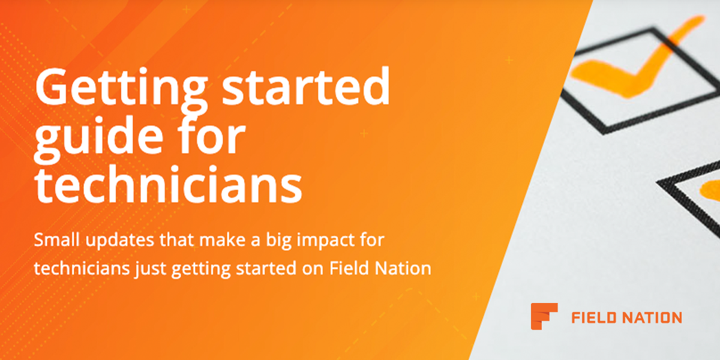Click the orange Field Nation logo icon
tap(544, 316)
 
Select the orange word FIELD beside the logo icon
tap(594, 317)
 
